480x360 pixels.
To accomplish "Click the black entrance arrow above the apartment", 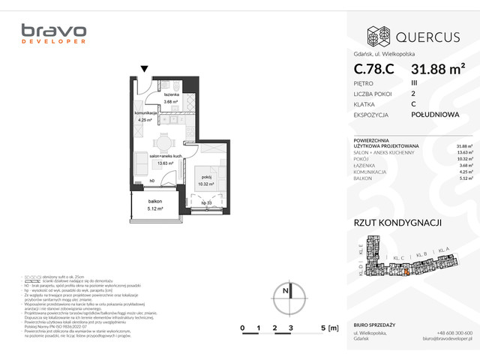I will pyautogui.click(x=144, y=69).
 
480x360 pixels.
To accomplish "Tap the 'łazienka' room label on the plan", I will pyautogui.click(x=174, y=94).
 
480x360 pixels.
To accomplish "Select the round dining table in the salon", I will pyautogui.click(x=161, y=141).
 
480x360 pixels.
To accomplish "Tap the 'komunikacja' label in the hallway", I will pyautogui.click(x=145, y=113).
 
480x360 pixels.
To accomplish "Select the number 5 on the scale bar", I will pyautogui.click(x=322, y=328).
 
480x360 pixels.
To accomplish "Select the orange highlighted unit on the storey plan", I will pyautogui.click(x=406, y=272).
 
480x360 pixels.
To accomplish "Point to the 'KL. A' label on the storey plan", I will pyautogui.click(x=443, y=249).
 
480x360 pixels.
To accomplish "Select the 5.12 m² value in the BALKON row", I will pyautogui.click(x=464, y=178).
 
